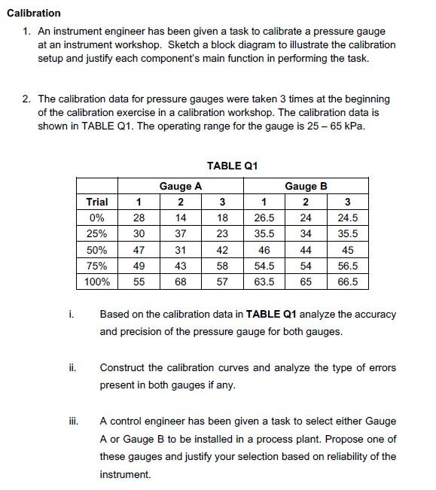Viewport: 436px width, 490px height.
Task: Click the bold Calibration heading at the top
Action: point(33,13)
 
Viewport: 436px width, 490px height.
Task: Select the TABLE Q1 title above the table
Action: point(234,166)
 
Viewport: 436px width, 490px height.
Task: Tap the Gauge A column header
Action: point(180,186)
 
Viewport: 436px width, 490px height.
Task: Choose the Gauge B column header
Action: point(305,186)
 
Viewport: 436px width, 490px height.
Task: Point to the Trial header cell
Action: point(97,202)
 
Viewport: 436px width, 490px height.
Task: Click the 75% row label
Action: point(97,266)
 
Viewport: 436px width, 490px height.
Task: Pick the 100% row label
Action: point(97,282)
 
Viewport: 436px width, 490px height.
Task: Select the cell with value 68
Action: point(180,282)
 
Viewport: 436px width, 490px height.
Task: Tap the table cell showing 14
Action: point(180,218)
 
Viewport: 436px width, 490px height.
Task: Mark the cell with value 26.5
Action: point(264,218)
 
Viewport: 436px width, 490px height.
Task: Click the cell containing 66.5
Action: point(347,282)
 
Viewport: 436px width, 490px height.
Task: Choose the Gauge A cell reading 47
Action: point(139,250)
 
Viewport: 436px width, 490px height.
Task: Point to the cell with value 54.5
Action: point(264,266)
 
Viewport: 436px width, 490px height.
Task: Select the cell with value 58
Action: point(221,266)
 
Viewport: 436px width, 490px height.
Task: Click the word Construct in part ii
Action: point(123,367)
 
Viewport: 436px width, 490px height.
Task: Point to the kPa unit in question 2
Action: point(354,126)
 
